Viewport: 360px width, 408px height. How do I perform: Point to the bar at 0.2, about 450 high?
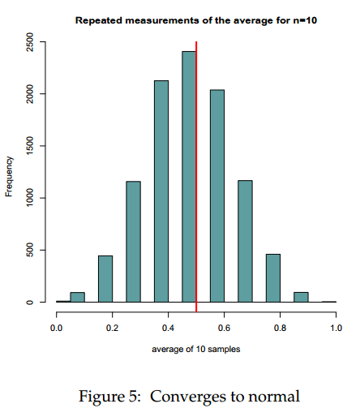(105, 279)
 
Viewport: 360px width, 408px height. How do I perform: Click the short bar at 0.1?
(77, 297)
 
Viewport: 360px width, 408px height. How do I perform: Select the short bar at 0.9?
(300, 297)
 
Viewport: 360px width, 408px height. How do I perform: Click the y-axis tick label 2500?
(30, 42)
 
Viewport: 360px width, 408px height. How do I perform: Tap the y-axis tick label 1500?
(30, 146)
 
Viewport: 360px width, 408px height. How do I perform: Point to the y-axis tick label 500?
(30, 250)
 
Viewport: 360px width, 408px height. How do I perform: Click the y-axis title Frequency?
(9, 177)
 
